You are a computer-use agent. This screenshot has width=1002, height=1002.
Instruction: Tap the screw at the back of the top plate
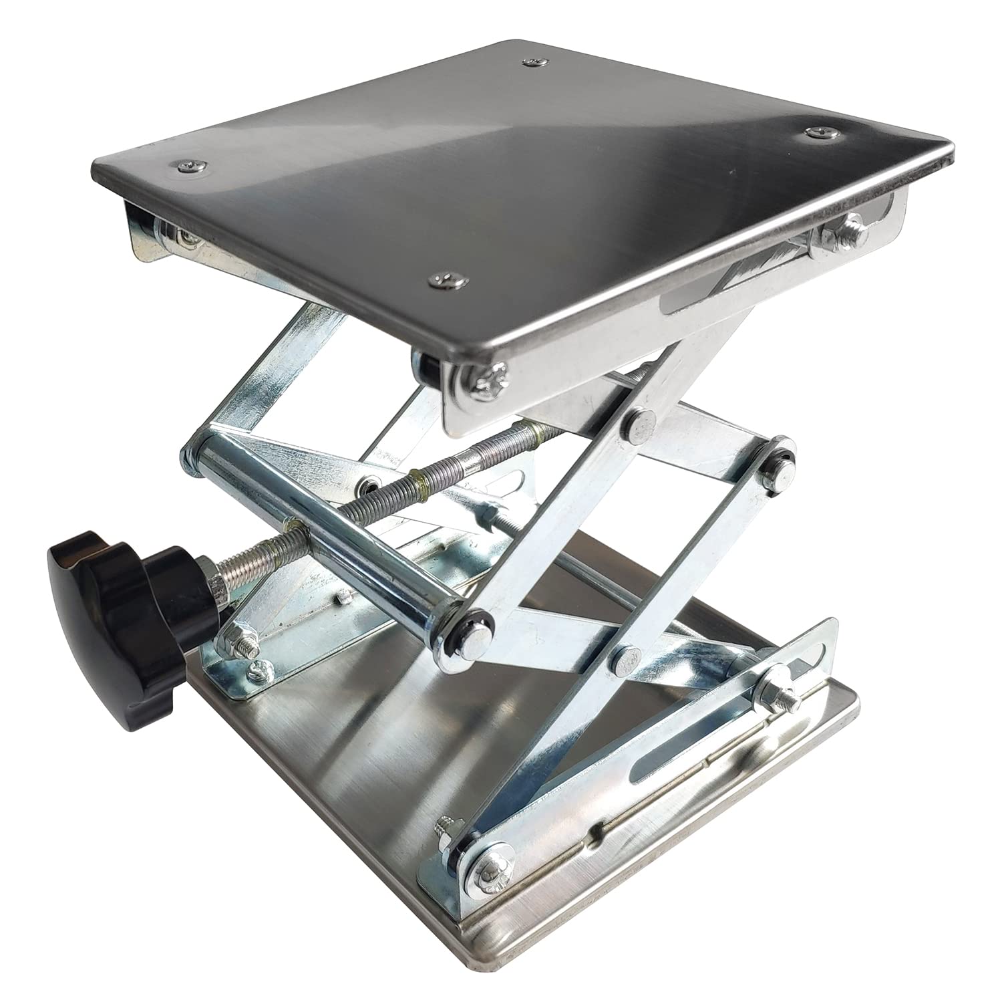coord(532,63)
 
